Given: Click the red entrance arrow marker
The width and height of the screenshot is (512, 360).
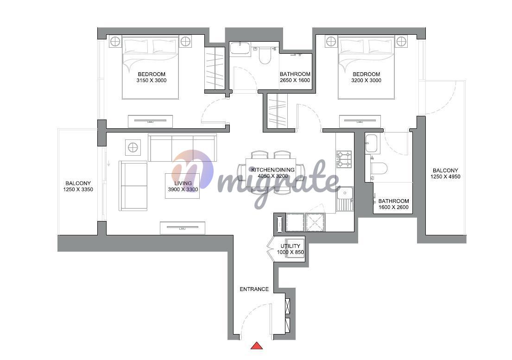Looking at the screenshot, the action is coord(257,346).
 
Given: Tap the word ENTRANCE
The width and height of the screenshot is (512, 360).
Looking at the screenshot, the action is coord(254,289).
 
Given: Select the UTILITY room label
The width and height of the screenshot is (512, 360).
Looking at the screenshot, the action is coord(290,246).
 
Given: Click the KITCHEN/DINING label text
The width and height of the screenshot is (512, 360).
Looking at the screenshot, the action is coord(272,170).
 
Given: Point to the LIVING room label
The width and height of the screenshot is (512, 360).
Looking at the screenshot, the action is coord(183,183).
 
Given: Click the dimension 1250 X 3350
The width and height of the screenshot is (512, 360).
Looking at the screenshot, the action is coord(78,189).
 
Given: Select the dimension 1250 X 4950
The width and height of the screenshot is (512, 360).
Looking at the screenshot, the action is coord(445,177).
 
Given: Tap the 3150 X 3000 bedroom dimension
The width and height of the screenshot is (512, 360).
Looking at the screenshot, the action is coord(152,80).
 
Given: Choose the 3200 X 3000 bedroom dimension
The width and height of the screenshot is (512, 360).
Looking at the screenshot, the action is coord(367,80).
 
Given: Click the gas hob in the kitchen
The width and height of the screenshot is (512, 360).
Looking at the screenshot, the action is coord(344,159).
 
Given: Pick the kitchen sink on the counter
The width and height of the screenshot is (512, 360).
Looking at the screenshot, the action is coord(345,199).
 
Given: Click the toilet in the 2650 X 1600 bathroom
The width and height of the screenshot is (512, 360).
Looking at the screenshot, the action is coord(265,56).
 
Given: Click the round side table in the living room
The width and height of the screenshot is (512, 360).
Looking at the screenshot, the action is coord(133,147).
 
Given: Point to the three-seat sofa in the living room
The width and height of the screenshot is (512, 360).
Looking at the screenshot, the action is coord(182,147).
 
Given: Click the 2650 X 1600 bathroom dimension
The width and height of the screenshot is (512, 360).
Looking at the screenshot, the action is coord(295,80).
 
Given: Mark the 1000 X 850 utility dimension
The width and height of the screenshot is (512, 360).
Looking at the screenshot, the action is coord(290,253).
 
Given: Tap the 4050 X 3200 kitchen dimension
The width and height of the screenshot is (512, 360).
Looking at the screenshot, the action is coord(272,176).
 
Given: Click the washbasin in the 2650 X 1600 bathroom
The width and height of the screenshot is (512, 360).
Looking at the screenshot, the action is coord(240,48).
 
